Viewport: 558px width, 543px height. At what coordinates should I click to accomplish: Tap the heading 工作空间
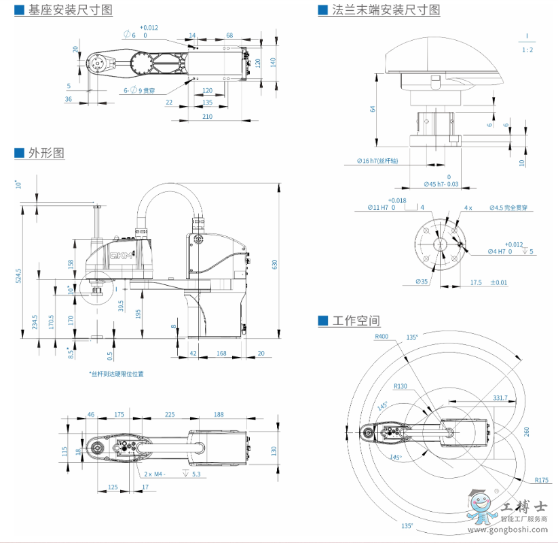(x=356, y=320)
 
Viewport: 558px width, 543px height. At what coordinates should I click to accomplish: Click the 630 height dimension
(x=275, y=263)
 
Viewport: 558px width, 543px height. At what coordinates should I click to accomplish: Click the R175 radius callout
(x=540, y=481)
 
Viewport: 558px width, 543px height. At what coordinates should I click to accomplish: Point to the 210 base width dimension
(x=208, y=117)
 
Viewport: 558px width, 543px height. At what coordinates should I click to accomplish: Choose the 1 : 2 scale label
(x=527, y=50)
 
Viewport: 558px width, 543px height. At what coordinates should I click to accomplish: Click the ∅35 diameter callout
(x=422, y=281)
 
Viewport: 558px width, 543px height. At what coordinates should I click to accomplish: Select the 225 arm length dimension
(x=170, y=413)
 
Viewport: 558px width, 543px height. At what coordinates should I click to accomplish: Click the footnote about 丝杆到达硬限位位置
(x=116, y=373)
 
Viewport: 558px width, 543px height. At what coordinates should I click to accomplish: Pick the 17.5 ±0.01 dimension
(x=488, y=282)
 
